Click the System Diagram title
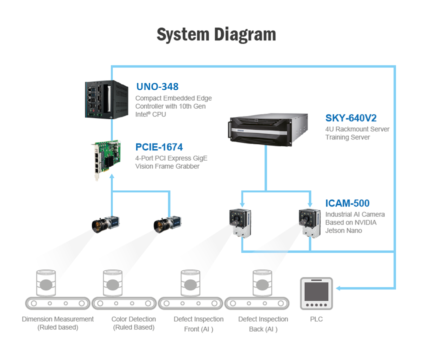point(216,34)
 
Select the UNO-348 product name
point(157,87)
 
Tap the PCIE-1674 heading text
point(159,147)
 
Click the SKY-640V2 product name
point(351,118)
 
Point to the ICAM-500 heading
point(347,203)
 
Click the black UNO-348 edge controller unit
point(107,100)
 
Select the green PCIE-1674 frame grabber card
point(106,160)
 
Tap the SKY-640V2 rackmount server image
point(268,129)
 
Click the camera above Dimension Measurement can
point(105,224)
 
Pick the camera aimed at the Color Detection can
point(168,224)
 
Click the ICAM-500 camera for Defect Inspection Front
point(240,223)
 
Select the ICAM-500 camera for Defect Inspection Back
point(309,223)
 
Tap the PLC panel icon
point(316,293)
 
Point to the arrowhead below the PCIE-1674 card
point(112,176)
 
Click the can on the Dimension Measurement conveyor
point(46,283)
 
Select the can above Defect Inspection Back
point(262,283)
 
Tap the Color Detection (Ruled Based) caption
point(134,323)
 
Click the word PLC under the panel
point(316,319)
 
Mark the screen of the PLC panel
point(316,291)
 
